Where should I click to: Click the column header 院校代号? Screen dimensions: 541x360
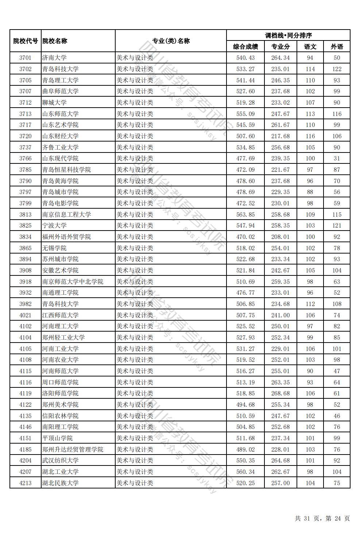coord(26,41)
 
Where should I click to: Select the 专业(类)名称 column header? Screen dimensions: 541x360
coord(171,41)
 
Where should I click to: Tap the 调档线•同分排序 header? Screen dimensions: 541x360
coord(288,35)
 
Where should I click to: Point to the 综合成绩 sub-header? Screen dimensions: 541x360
coord(245,47)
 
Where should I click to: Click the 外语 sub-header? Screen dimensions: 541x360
coord(337,47)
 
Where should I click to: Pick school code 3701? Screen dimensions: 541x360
coord(26,58)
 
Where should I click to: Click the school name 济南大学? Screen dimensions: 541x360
coord(54,58)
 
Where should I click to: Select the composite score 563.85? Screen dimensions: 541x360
coord(245,215)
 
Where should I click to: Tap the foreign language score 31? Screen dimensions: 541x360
coord(337,158)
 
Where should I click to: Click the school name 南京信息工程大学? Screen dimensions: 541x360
coord(66,215)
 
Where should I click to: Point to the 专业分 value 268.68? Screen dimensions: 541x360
coord(280,393)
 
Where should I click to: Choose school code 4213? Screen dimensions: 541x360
coord(26,483)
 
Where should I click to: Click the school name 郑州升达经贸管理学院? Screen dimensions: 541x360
coord(73,449)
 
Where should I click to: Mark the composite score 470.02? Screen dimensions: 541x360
coord(245,237)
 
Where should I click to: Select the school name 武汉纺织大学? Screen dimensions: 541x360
coord(60,460)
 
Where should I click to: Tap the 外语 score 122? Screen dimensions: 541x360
coord(337,69)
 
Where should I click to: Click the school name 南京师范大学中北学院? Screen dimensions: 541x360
coord(73,282)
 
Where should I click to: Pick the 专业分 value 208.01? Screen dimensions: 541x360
coord(280,237)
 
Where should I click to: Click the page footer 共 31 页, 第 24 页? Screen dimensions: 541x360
coord(322,518)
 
